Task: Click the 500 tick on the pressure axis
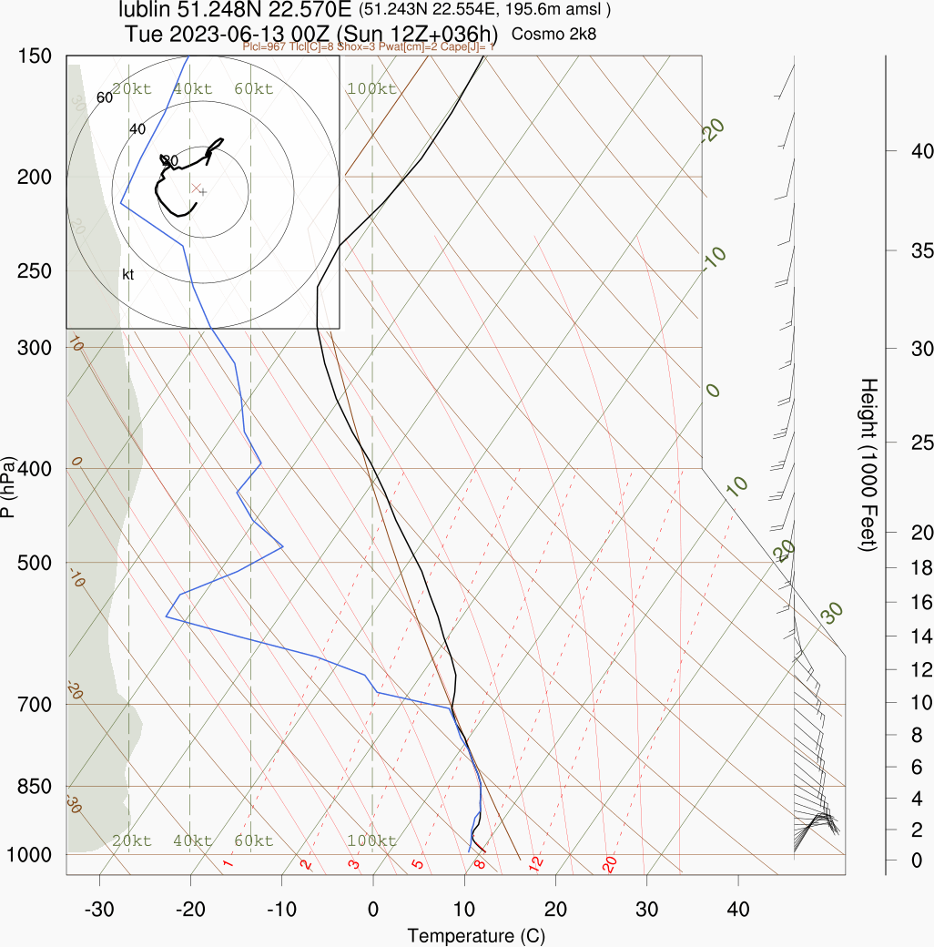pos(35,563)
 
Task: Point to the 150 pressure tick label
pos(35,56)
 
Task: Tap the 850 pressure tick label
pos(35,786)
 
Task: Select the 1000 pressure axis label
pos(30,855)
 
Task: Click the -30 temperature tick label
pos(99,909)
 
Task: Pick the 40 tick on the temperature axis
pos(738,909)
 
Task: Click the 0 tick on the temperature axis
pos(373,909)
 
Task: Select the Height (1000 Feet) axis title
pos(868,464)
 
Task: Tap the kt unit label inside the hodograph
pos(128,274)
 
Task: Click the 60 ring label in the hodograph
pos(104,97)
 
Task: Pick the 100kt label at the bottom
pos(371,840)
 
